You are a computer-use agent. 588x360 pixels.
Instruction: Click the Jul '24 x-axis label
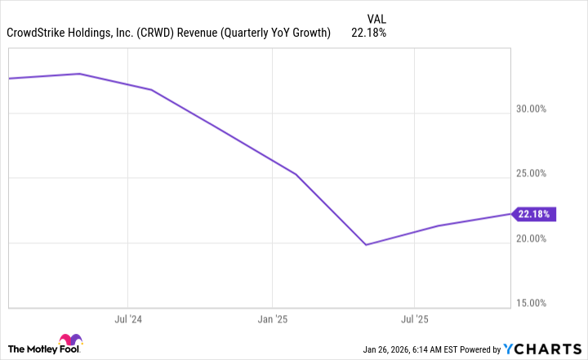coord(127,318)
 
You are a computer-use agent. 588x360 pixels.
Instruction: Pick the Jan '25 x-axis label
coord(272,318)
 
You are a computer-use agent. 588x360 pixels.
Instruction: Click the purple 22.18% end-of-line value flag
coord(535,214)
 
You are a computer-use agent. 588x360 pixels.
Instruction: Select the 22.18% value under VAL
coord(368,33)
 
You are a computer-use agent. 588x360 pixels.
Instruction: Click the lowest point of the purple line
coord(366,245)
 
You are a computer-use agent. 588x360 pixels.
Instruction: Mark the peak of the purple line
coord(79,73)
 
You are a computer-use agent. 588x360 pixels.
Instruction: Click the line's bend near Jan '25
coord(296,174)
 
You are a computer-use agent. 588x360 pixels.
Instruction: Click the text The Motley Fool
coord(31,348)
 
